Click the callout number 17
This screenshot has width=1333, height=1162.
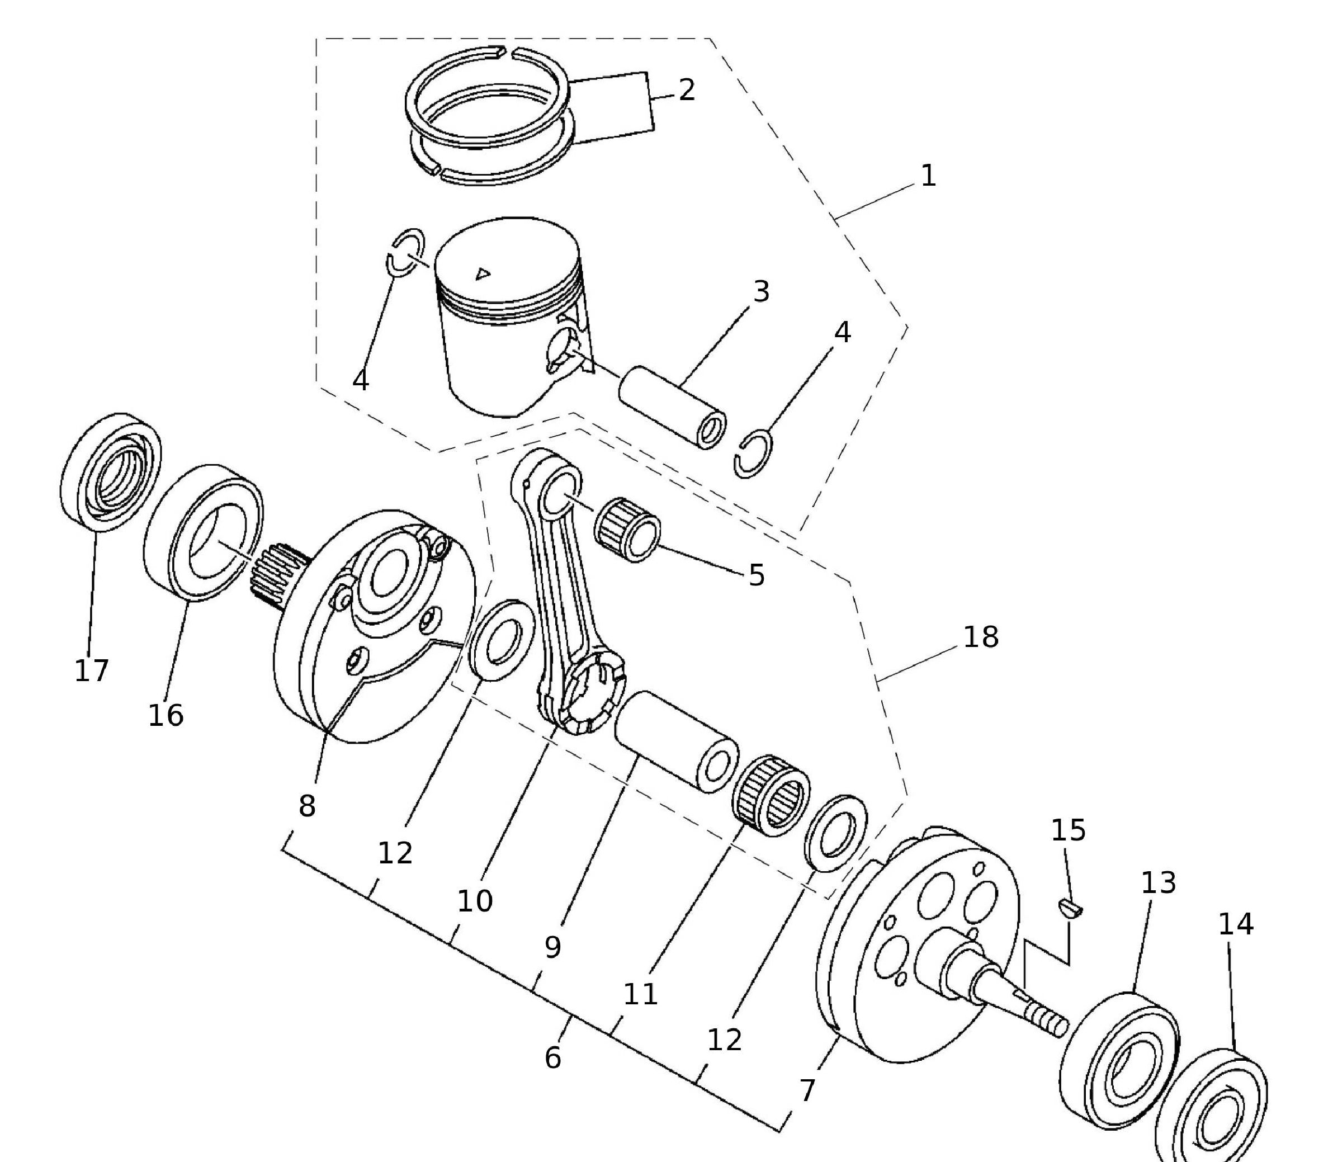click(91, 670)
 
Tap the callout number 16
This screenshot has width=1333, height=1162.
click(166, 715)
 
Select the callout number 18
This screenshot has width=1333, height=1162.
click(980, 637)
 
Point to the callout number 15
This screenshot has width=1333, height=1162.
click(1068, 830)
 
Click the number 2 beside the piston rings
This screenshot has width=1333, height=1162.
click(687, 89)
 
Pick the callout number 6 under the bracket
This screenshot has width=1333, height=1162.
click(552, 1058)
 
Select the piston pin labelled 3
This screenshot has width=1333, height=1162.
click(671, 407)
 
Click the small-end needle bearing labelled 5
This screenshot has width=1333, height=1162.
click(627, 528)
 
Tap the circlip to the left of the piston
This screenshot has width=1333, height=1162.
click(405, 252)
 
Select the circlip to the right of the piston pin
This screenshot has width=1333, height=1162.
click(753, 454)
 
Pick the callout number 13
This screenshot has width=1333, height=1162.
click(1158, 883)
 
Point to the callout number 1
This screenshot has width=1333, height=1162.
click(928, 176)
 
